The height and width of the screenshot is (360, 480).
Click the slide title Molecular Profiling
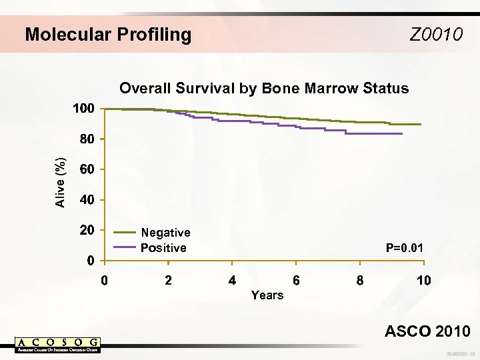point(108,34)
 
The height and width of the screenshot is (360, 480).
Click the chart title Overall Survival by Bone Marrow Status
point(263,89)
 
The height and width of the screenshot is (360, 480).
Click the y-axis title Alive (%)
point(61,182)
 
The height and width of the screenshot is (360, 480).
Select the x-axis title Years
point(267,295)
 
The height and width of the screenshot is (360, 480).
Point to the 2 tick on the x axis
point(168,281)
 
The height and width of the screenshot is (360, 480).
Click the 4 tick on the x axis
point(232,281)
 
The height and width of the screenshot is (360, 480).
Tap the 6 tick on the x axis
point(296,281)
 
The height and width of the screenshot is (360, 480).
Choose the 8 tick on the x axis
point(360,281)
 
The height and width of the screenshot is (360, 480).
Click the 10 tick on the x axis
point(423,281)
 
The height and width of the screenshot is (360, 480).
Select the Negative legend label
point(165,233)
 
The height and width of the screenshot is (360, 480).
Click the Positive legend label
point(163,248)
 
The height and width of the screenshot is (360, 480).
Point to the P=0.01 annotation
point(405,248)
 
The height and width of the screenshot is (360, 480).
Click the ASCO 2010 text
point(427,331)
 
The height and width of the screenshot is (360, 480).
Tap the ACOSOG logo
point(57,345)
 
